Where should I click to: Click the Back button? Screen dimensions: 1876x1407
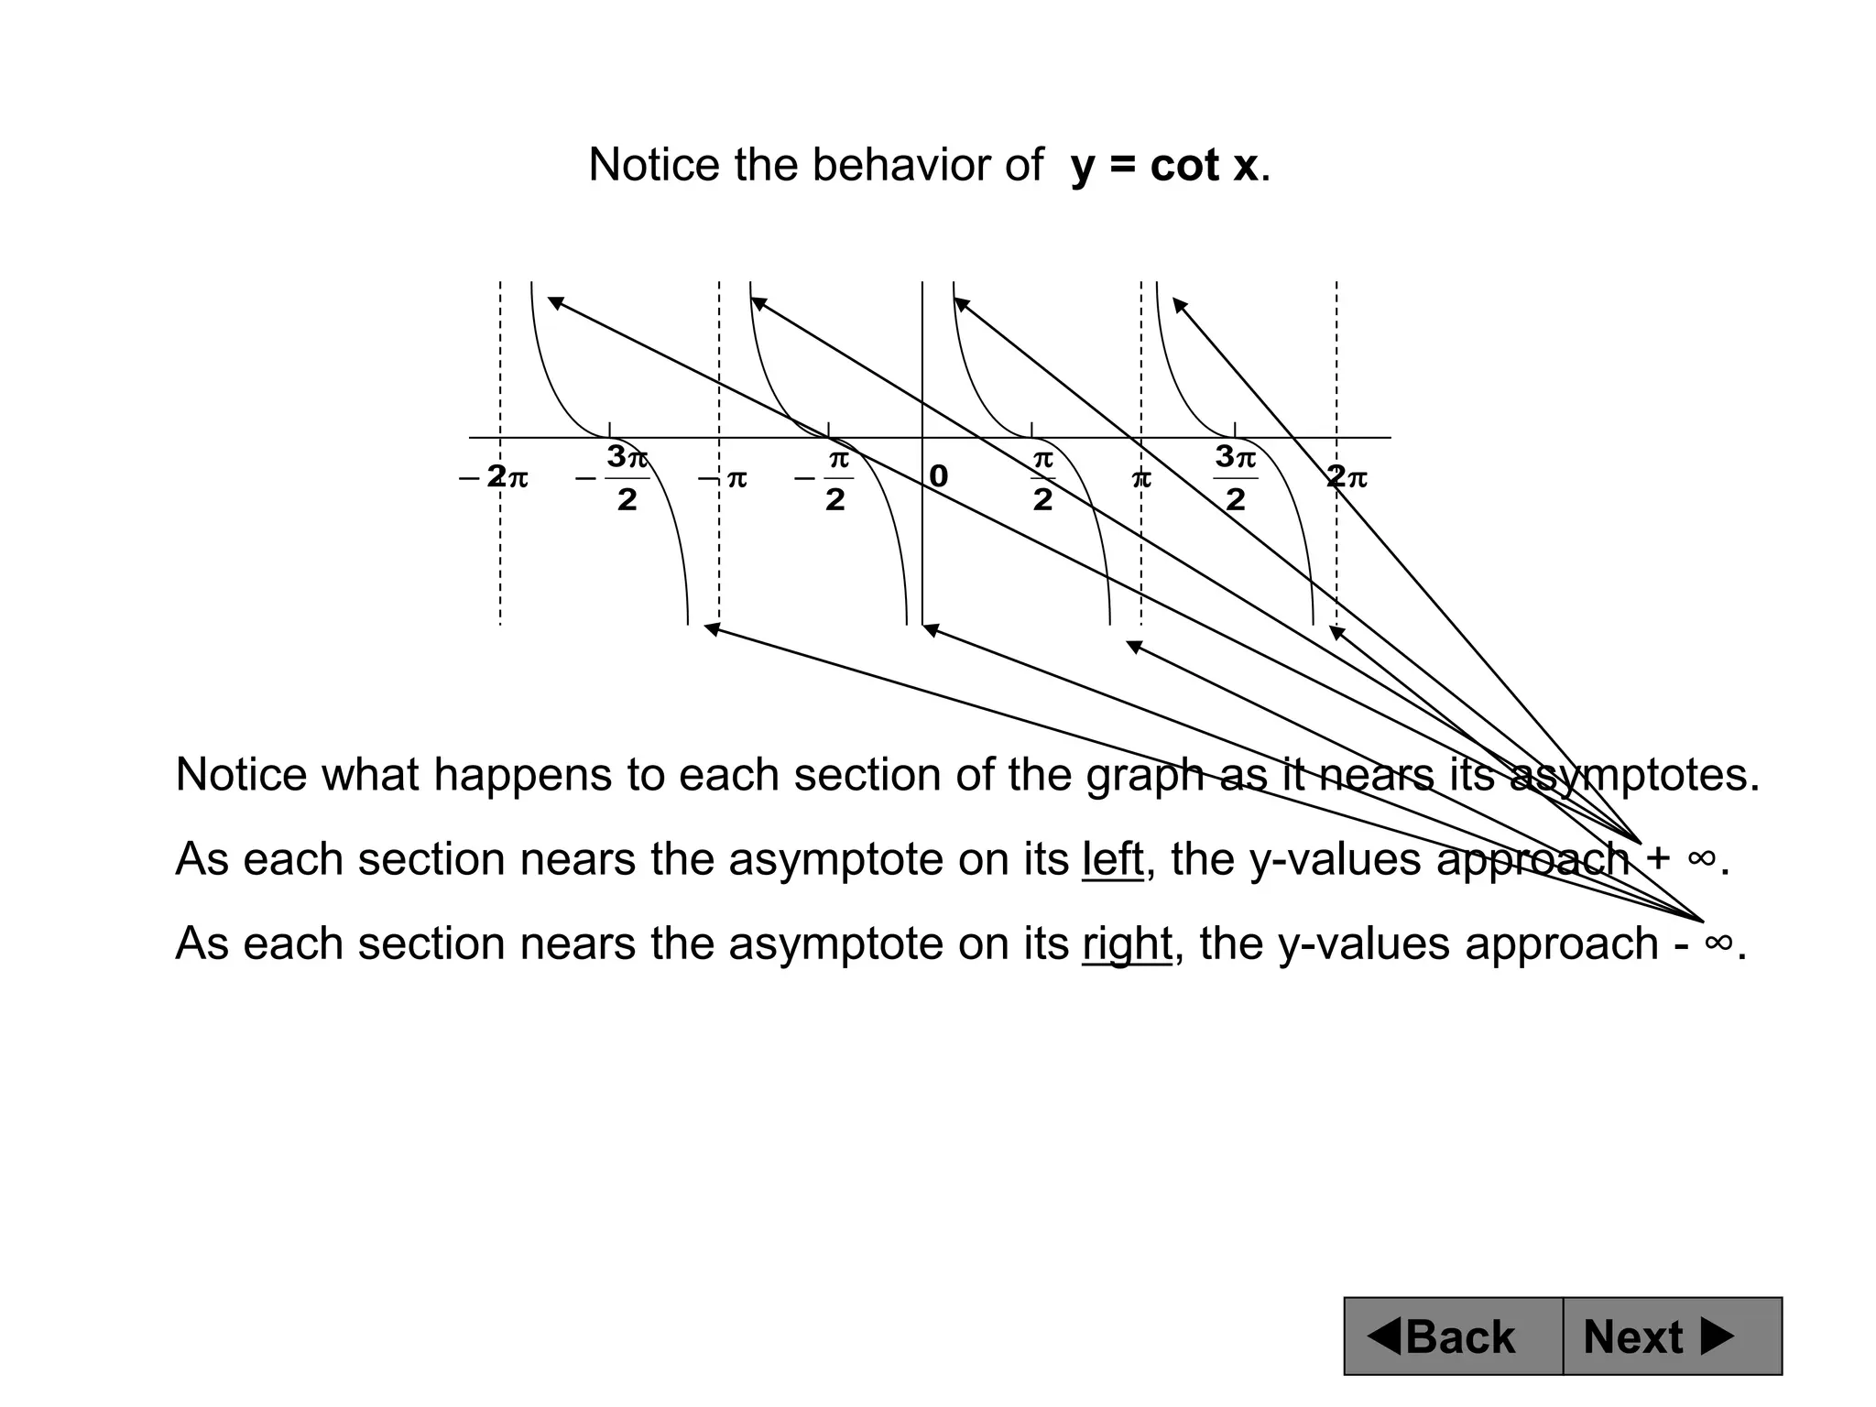[1453, 1336]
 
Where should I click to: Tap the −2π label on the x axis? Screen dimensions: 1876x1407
[495, 477]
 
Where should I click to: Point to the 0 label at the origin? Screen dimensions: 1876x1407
[939, 476]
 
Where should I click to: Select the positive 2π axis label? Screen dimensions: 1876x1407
[1347, 477]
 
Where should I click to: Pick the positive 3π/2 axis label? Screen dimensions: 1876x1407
[1236, 477]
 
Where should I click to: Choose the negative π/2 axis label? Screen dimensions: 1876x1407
[825, 478]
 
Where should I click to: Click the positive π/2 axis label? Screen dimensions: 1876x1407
[1042, 477]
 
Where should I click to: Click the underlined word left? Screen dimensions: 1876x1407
[1112, 859]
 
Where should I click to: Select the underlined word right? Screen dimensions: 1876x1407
[1127, 943]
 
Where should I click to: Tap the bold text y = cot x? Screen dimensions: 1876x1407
[1164, 166]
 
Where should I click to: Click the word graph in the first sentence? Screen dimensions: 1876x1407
[1146, 776]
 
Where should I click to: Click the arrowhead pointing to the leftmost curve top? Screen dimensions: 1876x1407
[554, 302]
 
